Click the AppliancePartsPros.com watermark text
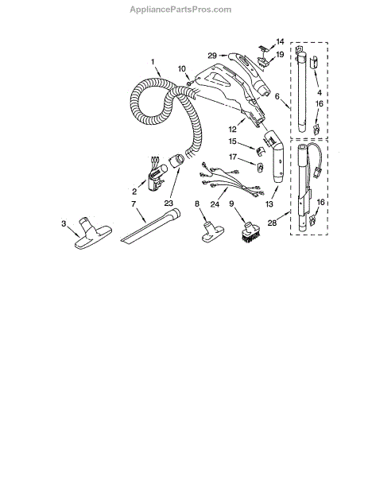180,10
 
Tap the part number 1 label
153,62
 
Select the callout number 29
212,56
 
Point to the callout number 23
169,203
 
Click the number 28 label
272,223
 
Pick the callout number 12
232,130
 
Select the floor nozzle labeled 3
93,233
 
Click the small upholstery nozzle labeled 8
213,232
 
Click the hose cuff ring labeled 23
176,161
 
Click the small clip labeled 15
261,150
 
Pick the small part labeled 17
260,167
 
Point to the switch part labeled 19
263,62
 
